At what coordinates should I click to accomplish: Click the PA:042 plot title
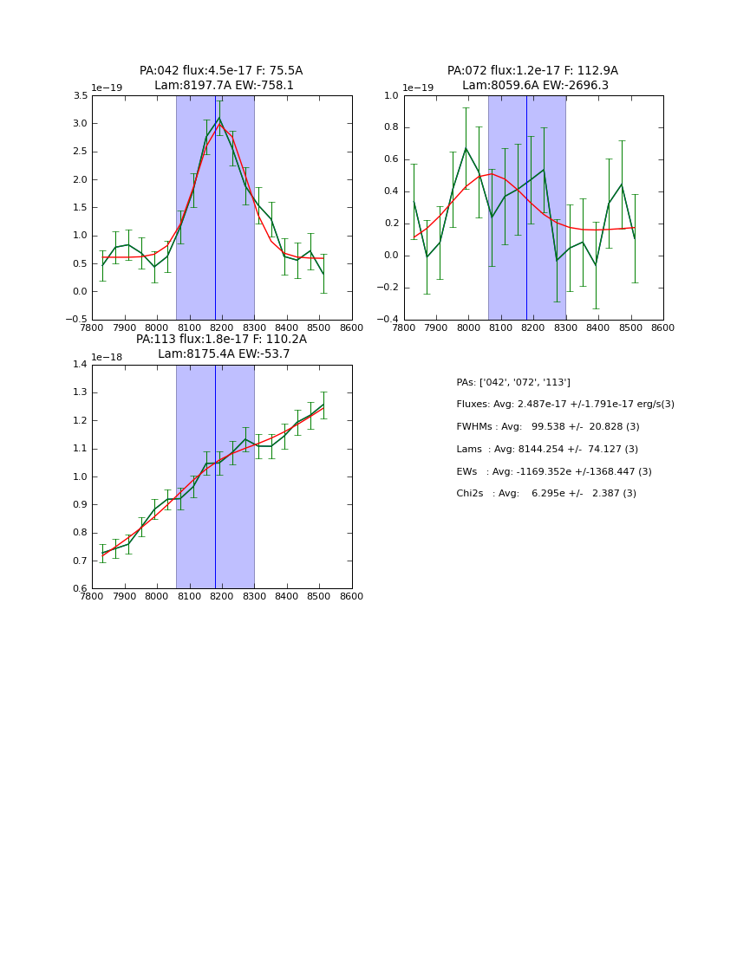click(221, 78)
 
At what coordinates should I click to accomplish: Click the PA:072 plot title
click(533, 78)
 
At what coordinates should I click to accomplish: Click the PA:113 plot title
click(221, 347)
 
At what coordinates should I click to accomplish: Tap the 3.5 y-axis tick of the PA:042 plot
click(79, 95)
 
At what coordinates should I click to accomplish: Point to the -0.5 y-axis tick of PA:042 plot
click(76, 320)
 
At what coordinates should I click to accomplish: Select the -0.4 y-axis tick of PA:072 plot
click(388, 320)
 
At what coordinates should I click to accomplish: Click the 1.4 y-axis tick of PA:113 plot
click(79, 365)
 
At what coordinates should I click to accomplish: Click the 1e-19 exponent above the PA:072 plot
click(419, 88)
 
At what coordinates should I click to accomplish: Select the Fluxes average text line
click(565, 405)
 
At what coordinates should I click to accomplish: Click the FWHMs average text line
click(548, 427)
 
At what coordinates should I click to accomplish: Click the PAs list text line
click(513, 382)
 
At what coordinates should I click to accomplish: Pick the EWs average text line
click(554, 471)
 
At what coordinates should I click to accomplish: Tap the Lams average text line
click(547, 449)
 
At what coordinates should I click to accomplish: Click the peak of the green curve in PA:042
click(218, 118)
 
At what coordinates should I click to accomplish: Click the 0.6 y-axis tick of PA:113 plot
click(79, 589)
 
